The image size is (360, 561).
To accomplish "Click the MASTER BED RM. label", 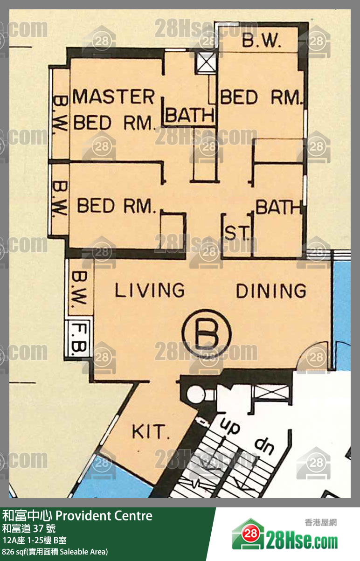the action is pyautogui.click(x=113, y=110).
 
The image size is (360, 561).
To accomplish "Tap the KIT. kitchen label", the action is pyautogui.click(x=151, y=431).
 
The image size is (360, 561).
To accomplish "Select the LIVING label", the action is pyautogui.click(x=150, y=290).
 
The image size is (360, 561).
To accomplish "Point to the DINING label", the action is pyautogui.click(x=271, y=291).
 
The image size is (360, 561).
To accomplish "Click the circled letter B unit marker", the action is pyautogui.click(x=207, y=333).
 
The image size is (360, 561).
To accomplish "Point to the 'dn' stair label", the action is pyautogui.click(x=264, y=446).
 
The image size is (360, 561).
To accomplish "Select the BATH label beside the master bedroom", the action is pyautogui.click(x=190, y=115).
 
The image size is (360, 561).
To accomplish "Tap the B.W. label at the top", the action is pyautogui.click(x=261, y=40).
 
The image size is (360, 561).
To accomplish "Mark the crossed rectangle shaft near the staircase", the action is pyautogui.click(x=271, y=393).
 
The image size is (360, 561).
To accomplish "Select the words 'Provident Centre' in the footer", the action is pyautogui.click(x=104, y=516).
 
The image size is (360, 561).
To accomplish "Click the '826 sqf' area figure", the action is pyautogui.click(x=14, y=552).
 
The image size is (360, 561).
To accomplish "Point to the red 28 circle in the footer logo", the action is pyautogui.click(x=250, y=533).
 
